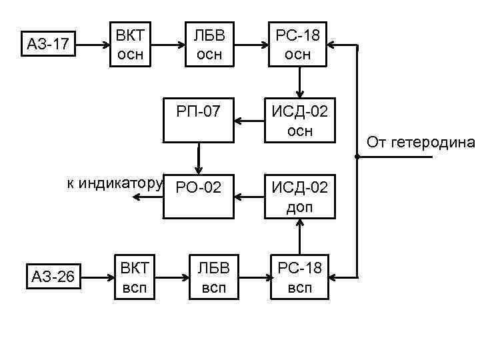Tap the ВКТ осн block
pyautogui.click(x=131, y=44)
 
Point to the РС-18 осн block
pyautogui.click(x=298, y=44)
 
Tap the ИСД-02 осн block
pyautogui.click(x=299, y=120)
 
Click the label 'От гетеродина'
pyautogui.click(x=421, y=142)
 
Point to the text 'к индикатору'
pyautogui.click(x=115, y=183)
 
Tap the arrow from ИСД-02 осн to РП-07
pyautogui.click(x=253, y=121)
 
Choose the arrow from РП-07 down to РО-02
pyautogui.click(x=198, y=160)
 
